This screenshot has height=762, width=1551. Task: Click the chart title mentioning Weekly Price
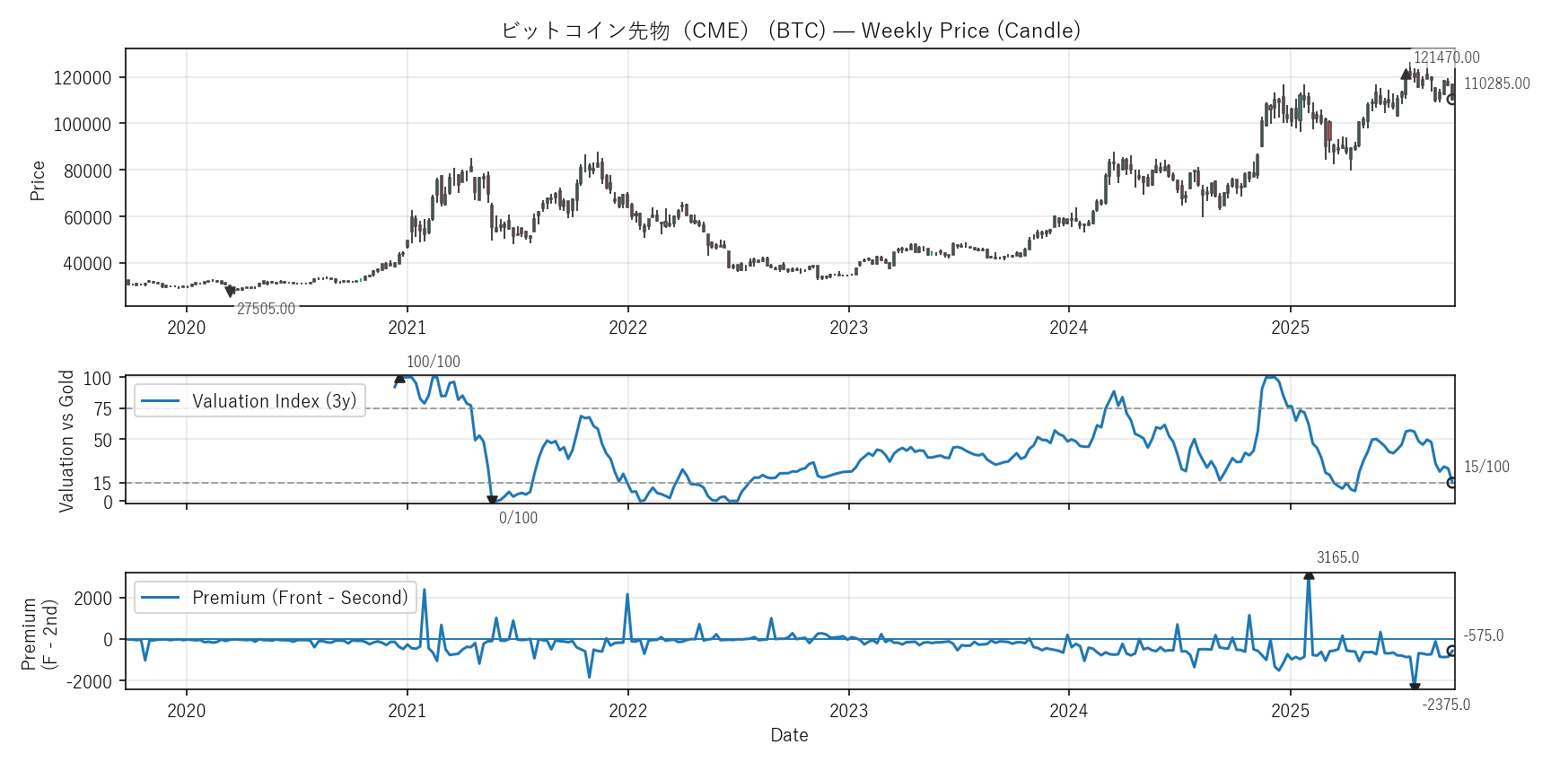[790, 31]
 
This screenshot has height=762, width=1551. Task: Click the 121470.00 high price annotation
[1446, 57]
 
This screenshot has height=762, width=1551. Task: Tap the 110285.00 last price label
[1496, 83]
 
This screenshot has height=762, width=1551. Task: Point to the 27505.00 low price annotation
[266, 309]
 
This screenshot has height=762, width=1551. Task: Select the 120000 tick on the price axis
[83, 78]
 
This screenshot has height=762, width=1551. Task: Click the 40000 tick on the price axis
[87, 264]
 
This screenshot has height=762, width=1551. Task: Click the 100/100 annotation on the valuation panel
[433, 362]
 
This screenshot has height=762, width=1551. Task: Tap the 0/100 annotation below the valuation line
[518, 518]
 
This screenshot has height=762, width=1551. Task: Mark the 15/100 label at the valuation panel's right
[1486, 467]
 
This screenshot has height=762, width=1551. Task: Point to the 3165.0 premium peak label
[1337, 557]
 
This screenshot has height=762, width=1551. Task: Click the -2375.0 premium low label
[1446, 705]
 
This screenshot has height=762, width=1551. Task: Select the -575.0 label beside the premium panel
[1483, 635]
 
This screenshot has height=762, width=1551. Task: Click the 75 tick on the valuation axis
[103, 409]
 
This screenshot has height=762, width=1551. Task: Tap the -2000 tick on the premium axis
[90, 682]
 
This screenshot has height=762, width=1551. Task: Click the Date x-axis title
[789, 735]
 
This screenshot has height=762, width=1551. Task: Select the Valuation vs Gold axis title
[66, 441]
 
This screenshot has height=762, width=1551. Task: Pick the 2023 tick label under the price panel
[848, 328]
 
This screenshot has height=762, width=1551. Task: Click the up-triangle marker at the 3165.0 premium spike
[1309, 574]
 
